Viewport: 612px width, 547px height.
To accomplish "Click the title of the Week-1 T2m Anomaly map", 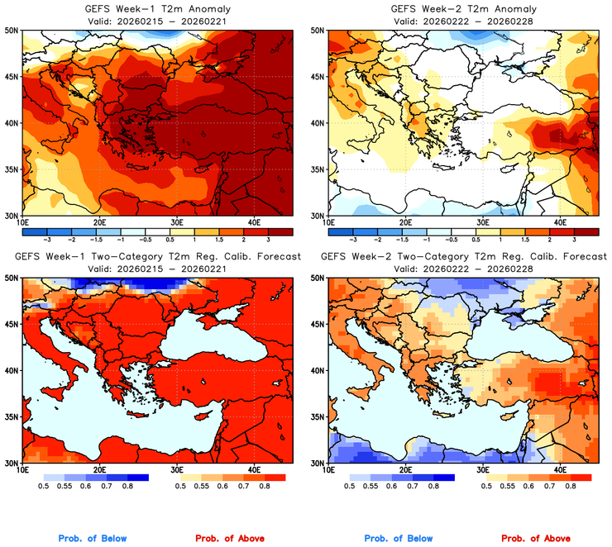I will (156, 9).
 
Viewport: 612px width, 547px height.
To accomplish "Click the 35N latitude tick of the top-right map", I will (317, 169).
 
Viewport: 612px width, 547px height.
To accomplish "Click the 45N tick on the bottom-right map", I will (317, 324).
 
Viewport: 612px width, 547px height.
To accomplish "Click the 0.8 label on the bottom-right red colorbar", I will (569, 487).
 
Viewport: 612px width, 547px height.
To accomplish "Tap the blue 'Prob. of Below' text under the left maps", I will (95, 539).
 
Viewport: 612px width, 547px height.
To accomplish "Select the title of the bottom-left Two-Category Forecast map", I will (156, 257).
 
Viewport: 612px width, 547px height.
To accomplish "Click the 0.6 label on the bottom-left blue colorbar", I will (87, 487).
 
